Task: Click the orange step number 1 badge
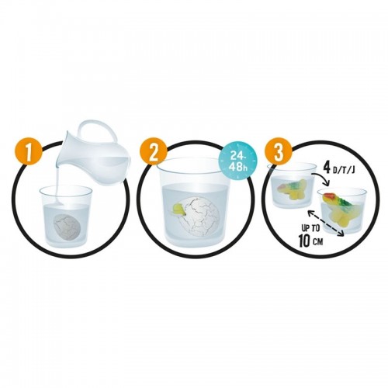[x=29, y=153]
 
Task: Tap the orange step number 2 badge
[x=153, y=153]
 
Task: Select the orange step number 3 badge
[x=278, y=153]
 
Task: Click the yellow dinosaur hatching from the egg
[x=179, y=210]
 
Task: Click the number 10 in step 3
[x=305, y=241]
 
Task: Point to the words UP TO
[x=310, y=228]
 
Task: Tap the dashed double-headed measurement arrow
[x=325, y=223]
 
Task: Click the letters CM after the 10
[x=319, y=242]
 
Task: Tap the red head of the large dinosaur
[x=327, y=197]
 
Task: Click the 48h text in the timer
[x=238, y=167]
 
